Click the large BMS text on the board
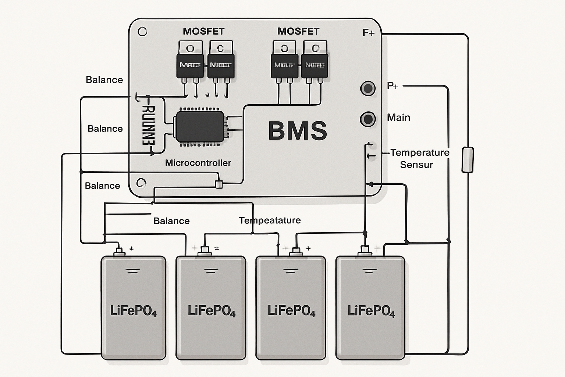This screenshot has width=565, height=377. [297, 131]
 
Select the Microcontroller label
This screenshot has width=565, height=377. [198, 163]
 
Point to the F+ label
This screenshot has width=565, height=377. [368, 33]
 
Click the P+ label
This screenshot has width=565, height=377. [392, 86]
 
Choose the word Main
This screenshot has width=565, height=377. [398, 117]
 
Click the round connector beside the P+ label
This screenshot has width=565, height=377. [367, 88]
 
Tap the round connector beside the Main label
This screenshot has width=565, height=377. [367, 119]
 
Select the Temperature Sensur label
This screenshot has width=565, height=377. [419, 158]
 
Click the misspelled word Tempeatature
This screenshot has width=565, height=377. [270, 221]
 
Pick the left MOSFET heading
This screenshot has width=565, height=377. [203, 31]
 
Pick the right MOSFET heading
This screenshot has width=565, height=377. [298, 31]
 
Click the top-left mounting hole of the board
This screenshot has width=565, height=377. [142, 32]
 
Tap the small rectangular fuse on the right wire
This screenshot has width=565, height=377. [468, 160]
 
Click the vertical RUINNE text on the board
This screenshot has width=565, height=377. [149, 125]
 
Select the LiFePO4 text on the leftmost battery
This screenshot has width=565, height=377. [133, 311]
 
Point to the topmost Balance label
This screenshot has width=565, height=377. [104, 80]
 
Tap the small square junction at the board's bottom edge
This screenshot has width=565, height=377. [219, 184]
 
